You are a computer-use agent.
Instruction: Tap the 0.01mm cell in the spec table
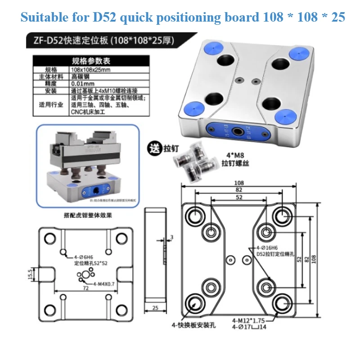[82, 84]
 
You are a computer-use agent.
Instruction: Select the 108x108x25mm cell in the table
[90, 70]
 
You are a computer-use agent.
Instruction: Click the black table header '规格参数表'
[91, 61]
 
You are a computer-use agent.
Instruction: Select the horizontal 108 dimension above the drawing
[238, 183]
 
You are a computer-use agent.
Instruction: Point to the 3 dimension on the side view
[172, 237]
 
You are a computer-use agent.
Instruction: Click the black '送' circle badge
[155, 148]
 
